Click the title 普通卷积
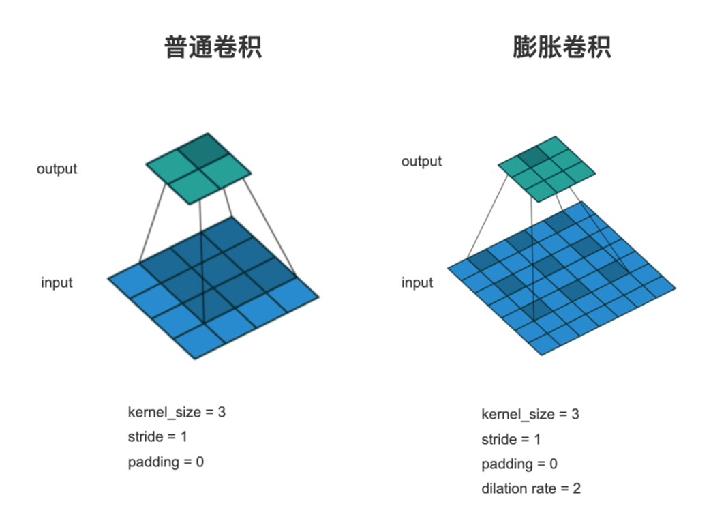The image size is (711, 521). tap(213, 48)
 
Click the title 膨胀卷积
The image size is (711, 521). tap(562, 48)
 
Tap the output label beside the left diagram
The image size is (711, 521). tap(57, 168)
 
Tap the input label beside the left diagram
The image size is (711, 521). tap(57, 282)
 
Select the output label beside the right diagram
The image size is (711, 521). tap(421, 162)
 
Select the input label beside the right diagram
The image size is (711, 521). tap(417, 282)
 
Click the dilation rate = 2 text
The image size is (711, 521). tap(531, 488)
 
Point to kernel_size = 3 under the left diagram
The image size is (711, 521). tap(176, 412)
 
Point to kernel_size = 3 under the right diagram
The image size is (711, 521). tap(530, 414)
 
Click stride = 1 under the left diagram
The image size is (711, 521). tap(157, 436)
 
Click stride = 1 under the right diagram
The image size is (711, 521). tap(511, 439)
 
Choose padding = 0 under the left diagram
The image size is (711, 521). tap(166, 462)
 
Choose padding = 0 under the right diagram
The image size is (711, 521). tap(519, 464)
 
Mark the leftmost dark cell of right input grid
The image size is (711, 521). tap(481, 260)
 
